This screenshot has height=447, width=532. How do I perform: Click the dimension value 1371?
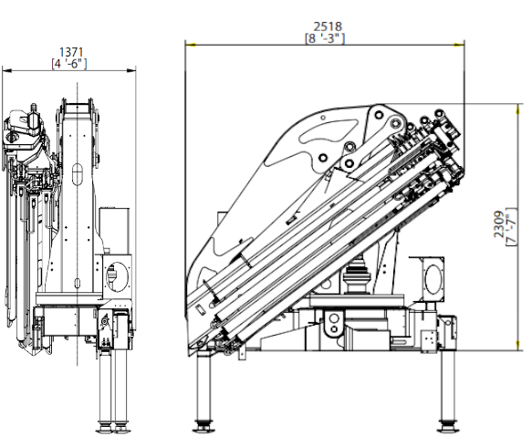point(71,52)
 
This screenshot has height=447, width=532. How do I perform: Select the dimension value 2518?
point(328,26)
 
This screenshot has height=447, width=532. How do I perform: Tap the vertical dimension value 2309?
point(499,224)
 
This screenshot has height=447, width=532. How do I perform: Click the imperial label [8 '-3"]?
point(325,38)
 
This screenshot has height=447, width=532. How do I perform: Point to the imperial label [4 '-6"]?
point(69,64)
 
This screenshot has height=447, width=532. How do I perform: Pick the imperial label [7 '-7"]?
point(511,227)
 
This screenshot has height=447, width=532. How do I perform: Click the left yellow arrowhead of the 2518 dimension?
point(191,45)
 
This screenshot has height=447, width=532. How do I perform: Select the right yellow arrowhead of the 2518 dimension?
point(459,45)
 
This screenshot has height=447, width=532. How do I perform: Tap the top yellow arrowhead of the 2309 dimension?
point(517,109)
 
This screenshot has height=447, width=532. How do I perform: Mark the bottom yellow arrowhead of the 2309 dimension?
point(517,345)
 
